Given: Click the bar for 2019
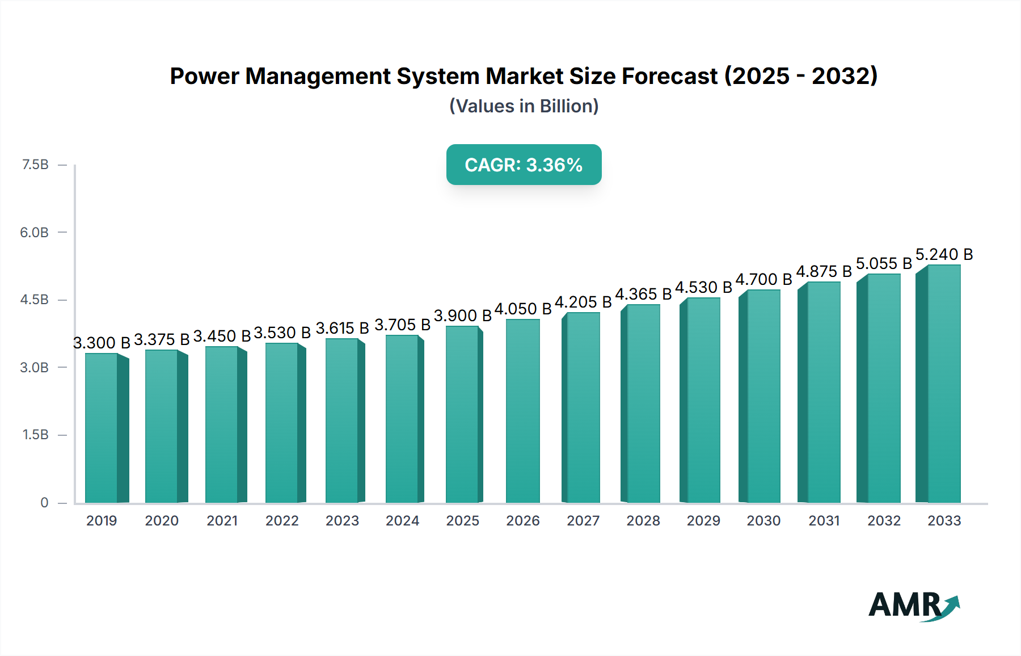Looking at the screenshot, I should [x=102, y=428].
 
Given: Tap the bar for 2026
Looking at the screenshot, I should [x=522, y=411].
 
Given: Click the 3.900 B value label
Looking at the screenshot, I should [x=462, y=316].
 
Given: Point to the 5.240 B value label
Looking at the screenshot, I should [x=944, y=254].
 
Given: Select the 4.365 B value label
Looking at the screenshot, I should [x=643, y=294].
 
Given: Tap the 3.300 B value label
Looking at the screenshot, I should [x=102, y=343].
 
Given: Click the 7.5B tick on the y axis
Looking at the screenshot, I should [x=35, y=165].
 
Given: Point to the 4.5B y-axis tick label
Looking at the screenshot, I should [x=35, y=300].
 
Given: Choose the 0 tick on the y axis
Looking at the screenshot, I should [x=44, y=502].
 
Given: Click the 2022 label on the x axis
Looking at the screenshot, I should [x=282, y=521].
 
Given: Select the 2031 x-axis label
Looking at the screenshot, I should [x=824, y=521].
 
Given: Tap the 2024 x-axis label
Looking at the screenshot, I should [x=402, y=521].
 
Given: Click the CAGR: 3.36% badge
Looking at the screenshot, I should [x=524, y=165].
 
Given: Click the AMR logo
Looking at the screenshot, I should [x=913, y=605].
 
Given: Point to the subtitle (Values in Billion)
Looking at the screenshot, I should [x=524, y=106].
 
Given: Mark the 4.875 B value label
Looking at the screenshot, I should [x=824, y=271].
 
